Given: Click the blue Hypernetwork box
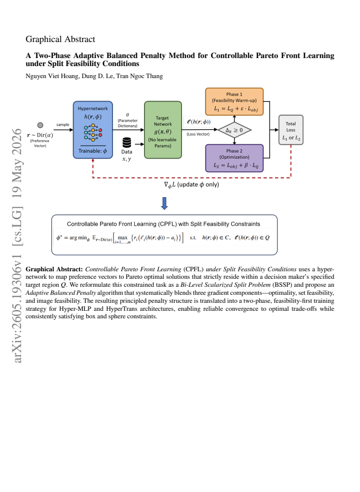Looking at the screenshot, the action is click(x=93, y=130).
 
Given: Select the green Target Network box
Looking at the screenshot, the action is click(x=163, y=130).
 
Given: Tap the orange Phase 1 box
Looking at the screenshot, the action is click(x=234, y=102).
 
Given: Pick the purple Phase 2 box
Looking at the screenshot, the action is click(x=234, y=158).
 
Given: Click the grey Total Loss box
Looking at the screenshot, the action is click(x=290, y=130).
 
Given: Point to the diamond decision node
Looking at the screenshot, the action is click(x=234, y=130).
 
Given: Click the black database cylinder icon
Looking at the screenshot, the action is click(x=126, y=143).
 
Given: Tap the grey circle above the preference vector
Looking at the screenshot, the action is click(x=40, y=125).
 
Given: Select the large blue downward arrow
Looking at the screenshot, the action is click(x=164, y=203).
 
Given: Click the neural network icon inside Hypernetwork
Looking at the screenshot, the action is click(x=93, y=133).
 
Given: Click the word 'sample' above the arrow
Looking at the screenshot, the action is click(x=62, y=125).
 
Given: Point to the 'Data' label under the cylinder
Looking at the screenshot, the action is click(x=126, y=152).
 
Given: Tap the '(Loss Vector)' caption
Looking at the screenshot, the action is click(x=198, y=134).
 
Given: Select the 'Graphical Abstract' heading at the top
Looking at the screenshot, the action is click(x=60, y=39).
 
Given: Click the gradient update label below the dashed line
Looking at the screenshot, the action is click(x=191, y=185).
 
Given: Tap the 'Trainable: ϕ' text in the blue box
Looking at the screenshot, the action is click(x=93, y=151).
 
